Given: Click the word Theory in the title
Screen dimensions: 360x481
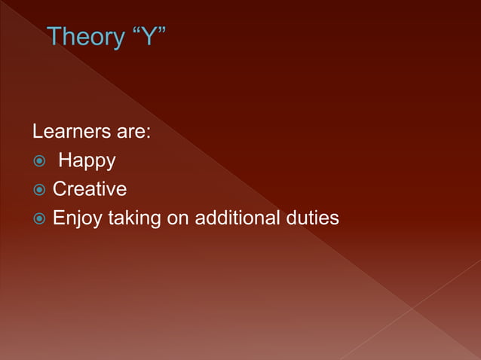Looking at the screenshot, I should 84,36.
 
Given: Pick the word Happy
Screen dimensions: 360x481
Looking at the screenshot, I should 87,161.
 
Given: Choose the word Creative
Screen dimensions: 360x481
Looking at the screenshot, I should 89,189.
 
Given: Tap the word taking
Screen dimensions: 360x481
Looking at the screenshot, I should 132,219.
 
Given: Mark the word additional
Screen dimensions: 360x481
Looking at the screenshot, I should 237,218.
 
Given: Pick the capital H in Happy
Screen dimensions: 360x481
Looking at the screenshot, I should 65,160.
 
